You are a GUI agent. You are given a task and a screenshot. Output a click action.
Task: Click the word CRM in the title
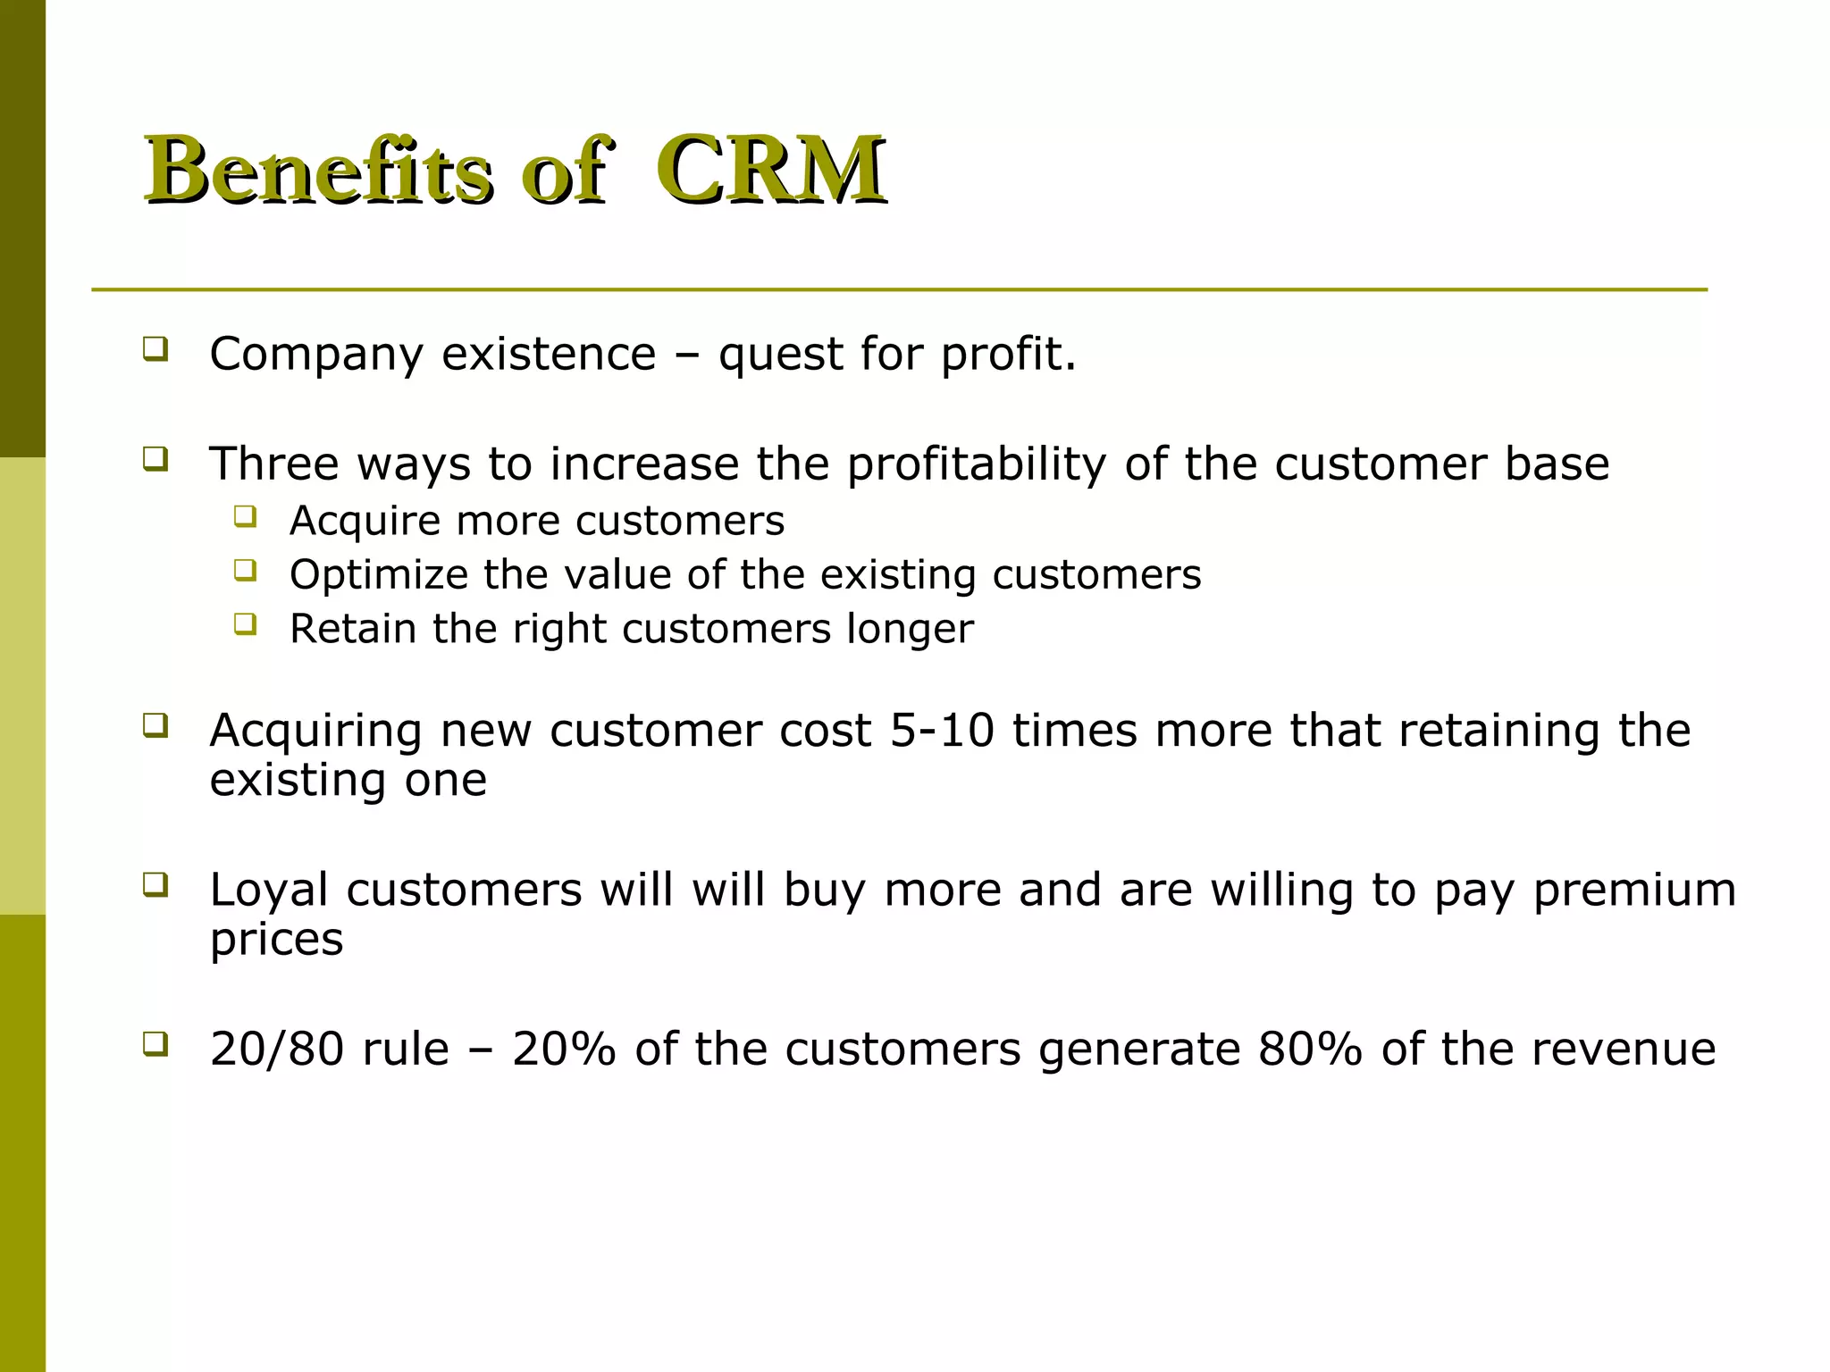(x=770, y=170)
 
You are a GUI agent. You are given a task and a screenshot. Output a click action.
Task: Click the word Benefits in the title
(x=318, y=170)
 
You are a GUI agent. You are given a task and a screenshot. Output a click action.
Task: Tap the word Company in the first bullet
(x=315, y=355)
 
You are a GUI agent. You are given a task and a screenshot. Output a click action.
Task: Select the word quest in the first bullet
(x=780, y=355)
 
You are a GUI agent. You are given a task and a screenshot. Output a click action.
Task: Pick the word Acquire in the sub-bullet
(x=365, y=521)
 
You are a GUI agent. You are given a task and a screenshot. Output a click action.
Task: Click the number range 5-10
(x=942, y=731)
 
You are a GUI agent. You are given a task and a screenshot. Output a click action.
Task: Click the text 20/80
(x=276, y=1050)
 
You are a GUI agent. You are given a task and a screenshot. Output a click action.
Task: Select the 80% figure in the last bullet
(x=1310, y=1050)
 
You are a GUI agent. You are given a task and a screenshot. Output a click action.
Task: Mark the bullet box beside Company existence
(x=155, y=347)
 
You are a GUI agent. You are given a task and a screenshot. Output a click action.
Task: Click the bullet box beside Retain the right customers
(x=246, y=623)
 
